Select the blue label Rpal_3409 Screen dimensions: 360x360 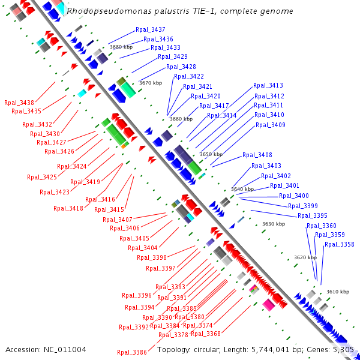click(270, 125)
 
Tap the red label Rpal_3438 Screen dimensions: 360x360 click(19, 103)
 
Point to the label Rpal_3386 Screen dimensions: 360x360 click(131, 352)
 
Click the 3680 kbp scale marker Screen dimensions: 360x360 click(121, 47)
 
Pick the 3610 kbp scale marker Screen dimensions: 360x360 click(337, 292)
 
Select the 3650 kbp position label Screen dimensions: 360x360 click(211, 154)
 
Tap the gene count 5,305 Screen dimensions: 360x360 click(343, 349)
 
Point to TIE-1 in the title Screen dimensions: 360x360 click(181, 11)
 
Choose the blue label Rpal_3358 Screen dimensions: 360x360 click(339, 244)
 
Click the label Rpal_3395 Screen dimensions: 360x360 click(312, 215)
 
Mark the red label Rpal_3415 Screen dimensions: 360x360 click(109, 209)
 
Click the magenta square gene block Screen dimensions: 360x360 click(268, 305)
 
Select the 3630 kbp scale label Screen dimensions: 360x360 click(272, 224)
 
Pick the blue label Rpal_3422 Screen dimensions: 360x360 click(188, 76)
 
